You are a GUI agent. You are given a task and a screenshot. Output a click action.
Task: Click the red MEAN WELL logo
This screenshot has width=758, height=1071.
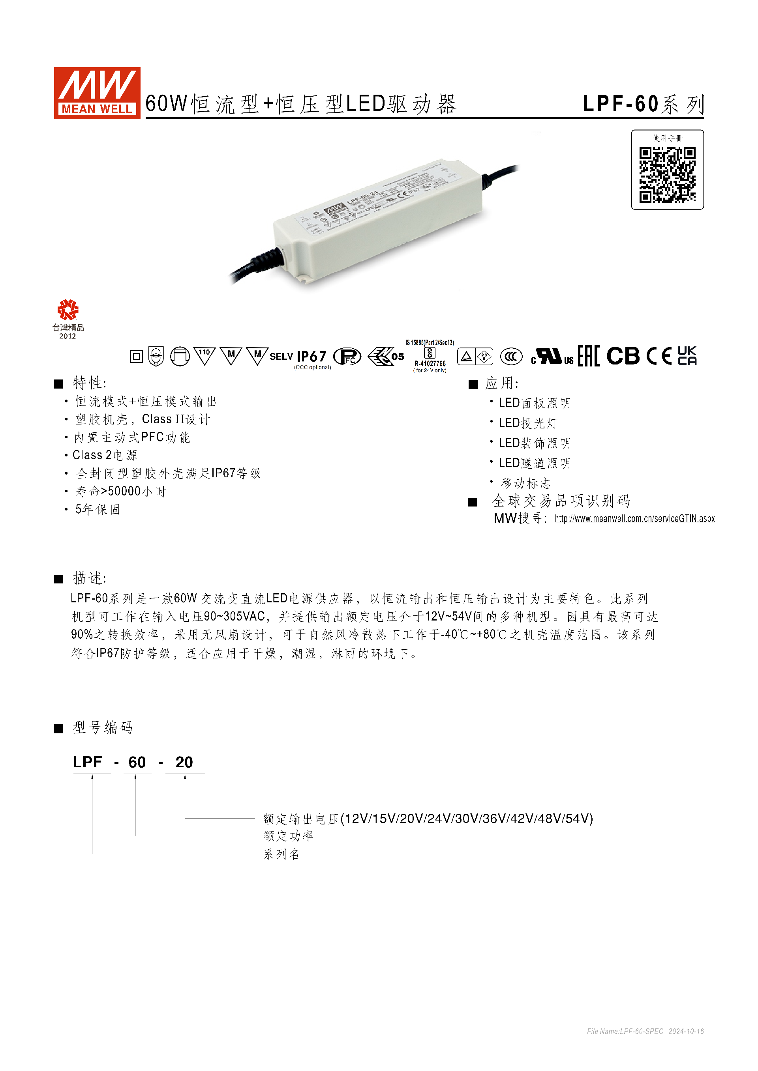[97, 93]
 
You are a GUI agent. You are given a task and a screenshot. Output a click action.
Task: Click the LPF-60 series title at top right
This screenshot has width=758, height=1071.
[643, 104]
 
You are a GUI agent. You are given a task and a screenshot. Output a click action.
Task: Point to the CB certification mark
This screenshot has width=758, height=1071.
[623, 356]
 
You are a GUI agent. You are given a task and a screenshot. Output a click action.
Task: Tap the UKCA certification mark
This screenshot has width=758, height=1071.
[687, 356]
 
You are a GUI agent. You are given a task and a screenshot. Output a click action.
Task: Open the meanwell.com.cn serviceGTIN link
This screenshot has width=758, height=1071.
[634, 519]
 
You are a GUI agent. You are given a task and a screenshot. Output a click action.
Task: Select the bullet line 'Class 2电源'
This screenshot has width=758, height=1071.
[105, 455]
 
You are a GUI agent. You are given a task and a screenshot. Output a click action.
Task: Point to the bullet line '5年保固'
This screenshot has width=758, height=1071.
[98, 509]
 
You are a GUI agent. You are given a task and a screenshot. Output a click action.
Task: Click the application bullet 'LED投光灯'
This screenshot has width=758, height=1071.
[528, 423]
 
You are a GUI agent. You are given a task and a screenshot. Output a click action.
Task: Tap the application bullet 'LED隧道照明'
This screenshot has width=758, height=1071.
[535, 463]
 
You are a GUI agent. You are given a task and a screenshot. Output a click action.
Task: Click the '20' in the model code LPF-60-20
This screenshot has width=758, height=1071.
[184, 762]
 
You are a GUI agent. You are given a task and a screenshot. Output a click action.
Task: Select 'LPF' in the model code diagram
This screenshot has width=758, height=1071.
[87, 762]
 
